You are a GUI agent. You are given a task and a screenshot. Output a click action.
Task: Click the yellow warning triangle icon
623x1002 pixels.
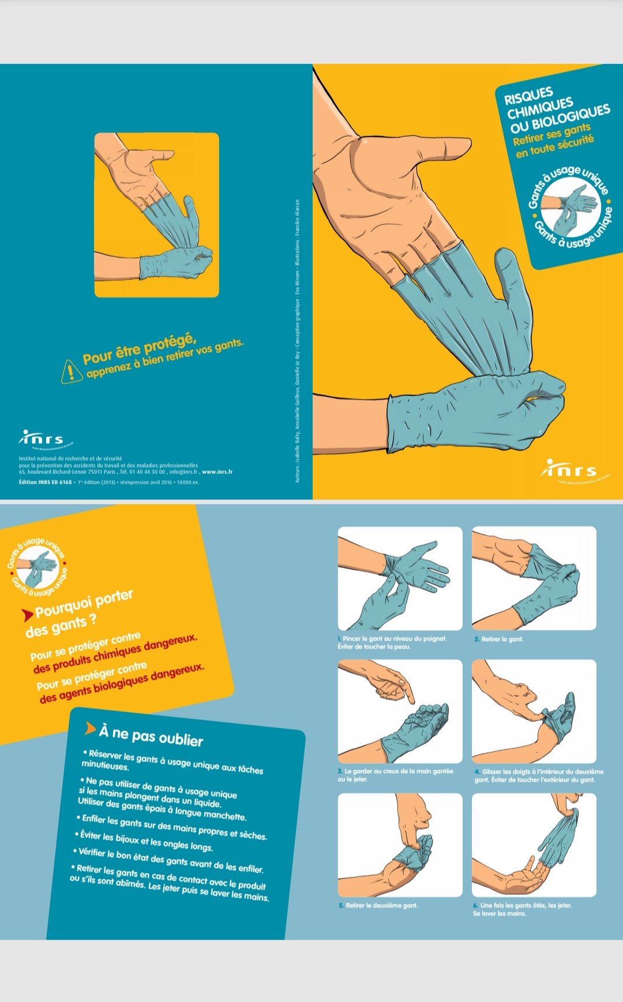pyautogui.click(x=71, y=371)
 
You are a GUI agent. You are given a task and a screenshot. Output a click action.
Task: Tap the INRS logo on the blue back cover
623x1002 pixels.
pyautogui.click(x=42, y=439)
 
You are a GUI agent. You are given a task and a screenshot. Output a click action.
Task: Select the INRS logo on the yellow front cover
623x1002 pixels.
pyautogui.click(x=569, y=470)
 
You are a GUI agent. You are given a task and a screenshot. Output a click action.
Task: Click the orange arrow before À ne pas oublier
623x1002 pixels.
pyautogui.click(x=90, y=729)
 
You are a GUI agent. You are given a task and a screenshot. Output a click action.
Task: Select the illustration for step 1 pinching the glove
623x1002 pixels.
pyautogui.click(x=400, y=578)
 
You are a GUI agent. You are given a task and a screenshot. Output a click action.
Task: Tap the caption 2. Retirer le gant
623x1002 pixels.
pyautogui.click(x=500, y=639)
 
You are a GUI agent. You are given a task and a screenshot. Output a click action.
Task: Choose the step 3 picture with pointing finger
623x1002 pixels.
pyautogui.click(x=400, y=711)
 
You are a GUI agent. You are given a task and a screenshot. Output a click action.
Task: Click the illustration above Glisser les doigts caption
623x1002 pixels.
pyautogui.click(x=534, y=711)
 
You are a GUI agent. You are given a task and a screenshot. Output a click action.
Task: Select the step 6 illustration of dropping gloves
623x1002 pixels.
pyautogui.click(x=534, y=845)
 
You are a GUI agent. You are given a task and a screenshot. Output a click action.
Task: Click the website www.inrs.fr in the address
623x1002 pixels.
pyautogui.click(x=217, y=472)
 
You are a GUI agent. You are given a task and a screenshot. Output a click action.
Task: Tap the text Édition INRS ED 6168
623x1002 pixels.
pyautogui.click(x=46, y=482)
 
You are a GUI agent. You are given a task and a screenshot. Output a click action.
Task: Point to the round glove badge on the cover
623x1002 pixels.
pyautogui.click(x=569, y=207)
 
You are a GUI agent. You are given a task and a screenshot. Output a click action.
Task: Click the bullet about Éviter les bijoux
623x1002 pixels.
pyautogui.click(x=144, y=841)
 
